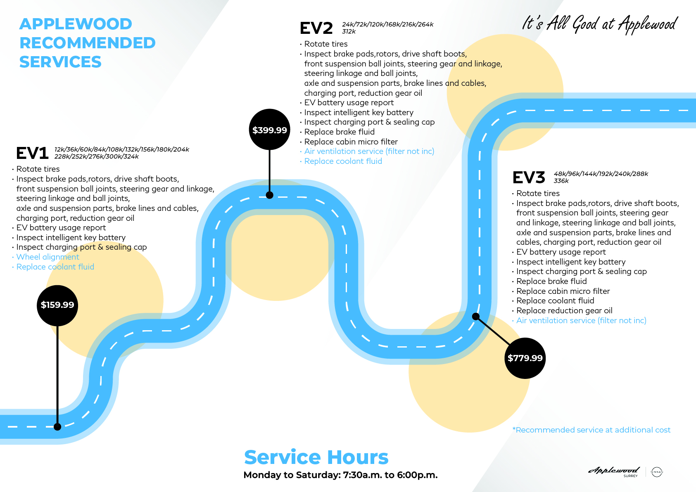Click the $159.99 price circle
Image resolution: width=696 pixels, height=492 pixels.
coord(57,305)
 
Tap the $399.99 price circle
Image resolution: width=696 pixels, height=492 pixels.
coord(269,130)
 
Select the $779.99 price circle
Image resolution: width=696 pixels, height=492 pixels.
coord(525,358)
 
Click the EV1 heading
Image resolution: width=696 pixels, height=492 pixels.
coord(32,153)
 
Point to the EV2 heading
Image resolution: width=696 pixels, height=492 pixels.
coord(316,28)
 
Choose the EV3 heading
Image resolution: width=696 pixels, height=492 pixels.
coord(529,177)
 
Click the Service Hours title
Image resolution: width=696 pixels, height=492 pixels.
coord(316,457)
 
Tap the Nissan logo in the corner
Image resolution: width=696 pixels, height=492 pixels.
coord(657,472)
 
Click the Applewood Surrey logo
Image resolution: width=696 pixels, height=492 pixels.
coord(614,471)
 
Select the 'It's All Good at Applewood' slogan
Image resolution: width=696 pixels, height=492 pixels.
coord(600,24)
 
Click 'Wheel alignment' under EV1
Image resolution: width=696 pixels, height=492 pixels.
coord(48,257)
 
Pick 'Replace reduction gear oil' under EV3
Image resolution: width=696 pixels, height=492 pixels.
coord(564,311)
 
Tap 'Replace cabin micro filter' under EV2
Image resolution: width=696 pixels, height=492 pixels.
coord(351,142)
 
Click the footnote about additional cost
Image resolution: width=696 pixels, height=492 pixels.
coord(591,430)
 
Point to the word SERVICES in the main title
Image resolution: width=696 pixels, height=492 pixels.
coord(60,62)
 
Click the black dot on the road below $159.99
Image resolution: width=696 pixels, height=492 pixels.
coord(57,427)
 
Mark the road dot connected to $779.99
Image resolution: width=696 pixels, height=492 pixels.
coord(476,317)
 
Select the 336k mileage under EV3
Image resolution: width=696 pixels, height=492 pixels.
coord(561,181)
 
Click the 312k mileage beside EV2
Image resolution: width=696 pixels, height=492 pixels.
coord(349,31)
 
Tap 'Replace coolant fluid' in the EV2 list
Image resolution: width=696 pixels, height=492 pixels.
coord(343,161)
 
